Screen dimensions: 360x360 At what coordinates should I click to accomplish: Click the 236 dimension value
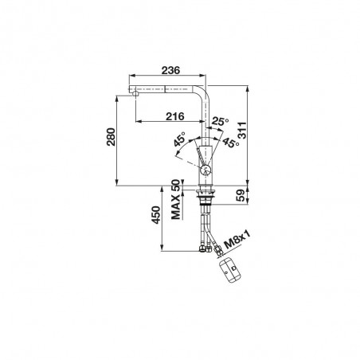[170, 70]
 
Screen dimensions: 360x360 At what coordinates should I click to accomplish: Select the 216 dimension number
[175, 116]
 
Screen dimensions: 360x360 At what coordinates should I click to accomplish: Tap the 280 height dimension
[111, 137]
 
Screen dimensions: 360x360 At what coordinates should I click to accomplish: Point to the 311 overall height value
[242, 131]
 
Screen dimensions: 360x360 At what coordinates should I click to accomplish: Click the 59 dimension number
[241, 195]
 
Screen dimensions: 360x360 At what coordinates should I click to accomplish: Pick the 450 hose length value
[156, 215]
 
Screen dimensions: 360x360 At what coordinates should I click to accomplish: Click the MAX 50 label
[176, 200]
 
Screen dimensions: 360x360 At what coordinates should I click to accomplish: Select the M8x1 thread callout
[237, 240]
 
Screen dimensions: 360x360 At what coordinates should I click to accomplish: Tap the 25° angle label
[220, 121]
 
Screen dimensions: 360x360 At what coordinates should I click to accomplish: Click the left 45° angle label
[180, 139]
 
